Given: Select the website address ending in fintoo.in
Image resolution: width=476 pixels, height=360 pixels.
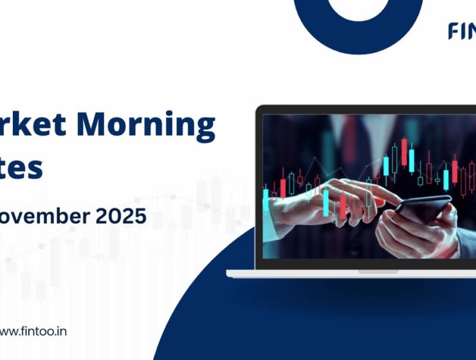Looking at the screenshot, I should point(33,332).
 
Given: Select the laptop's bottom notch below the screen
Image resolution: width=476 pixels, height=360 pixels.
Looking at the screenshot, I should point(378,271).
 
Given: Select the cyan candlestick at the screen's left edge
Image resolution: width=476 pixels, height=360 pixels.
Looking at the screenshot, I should point(266,200).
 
